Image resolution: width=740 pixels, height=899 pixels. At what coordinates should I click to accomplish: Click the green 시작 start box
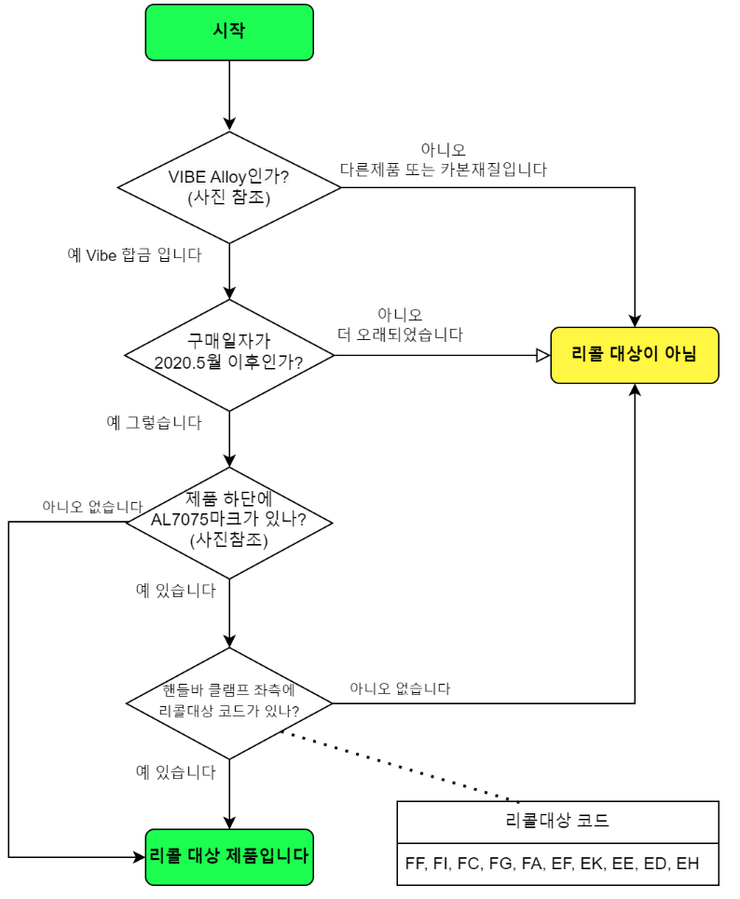coord(229,33)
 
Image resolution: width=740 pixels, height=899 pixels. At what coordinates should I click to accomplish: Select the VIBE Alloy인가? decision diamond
coord(229,187)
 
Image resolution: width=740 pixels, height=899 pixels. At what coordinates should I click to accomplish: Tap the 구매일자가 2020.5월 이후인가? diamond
coord(229,355)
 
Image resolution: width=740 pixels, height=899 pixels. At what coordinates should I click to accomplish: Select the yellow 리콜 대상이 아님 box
coord(634,355)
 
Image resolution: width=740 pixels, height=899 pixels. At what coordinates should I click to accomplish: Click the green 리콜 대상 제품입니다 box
coord(229,856)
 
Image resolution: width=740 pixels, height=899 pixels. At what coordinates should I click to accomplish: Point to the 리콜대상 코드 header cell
coord(557,821)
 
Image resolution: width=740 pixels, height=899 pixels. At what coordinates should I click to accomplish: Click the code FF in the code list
coord(416,864)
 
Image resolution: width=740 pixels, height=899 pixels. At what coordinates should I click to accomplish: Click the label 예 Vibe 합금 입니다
coord(134,254)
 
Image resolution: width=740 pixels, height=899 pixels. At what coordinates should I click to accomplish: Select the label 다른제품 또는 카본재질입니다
coord(443,170)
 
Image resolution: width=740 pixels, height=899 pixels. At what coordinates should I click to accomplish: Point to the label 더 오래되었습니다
coord(400,334)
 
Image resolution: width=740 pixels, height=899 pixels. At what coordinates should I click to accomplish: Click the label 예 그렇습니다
coord(154,422)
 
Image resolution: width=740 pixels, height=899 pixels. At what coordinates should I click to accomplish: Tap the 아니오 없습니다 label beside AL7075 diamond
coord(85,507)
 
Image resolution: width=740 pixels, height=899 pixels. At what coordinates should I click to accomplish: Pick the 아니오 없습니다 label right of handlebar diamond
coord(400,689)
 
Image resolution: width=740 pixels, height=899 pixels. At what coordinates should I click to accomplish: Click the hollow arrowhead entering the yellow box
coord(542,355)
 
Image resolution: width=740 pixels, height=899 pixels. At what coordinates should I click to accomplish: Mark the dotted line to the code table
coord(401,766)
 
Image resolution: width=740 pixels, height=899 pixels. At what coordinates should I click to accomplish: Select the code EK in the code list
coord(592,864)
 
